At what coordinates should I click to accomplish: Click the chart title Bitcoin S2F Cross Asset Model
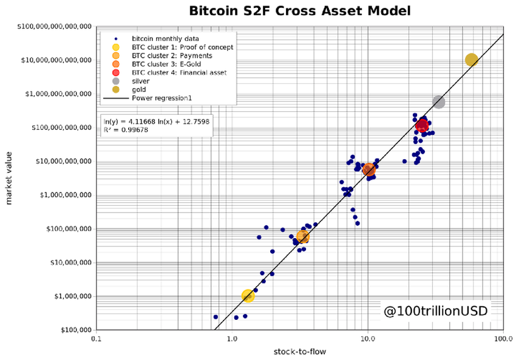tap(300, 10)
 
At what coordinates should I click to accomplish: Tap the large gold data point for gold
tap(472, 59)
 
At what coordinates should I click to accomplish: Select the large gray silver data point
tap(438, 102)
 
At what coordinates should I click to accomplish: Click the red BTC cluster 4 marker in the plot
tap(422, 125)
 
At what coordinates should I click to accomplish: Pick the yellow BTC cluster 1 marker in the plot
tap(248, 296)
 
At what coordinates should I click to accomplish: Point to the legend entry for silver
tap(140, 81)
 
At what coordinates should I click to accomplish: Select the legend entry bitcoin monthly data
tap(161, 38)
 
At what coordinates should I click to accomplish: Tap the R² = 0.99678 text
tap(129, 130)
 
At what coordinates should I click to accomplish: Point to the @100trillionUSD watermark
tap(435, 311)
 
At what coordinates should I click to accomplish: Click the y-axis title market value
tap(9, 179)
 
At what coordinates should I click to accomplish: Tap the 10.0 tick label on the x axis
tap(367, 338)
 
